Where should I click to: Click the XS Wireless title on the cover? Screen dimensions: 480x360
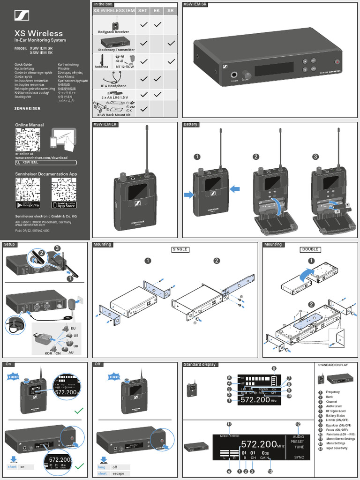(x=38, y=33)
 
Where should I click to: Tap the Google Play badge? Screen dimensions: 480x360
(x=28, y=205)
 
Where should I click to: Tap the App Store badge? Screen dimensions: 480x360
(x=64, y=205)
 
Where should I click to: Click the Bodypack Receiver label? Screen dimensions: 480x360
(x=113, y=32)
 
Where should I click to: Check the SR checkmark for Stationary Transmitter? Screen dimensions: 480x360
(x=171, y=43)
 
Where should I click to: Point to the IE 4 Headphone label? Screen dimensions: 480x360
(x=113, y=86)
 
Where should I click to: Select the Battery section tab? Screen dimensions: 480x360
(x=191, y=125)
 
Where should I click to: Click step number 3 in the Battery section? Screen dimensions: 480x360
(x=316, y=157)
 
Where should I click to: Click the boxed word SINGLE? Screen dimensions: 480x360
(x=180, y=249)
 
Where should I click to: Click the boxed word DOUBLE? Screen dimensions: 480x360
(x=310, y=249)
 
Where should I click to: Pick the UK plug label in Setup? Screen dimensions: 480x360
(x=76, y=346)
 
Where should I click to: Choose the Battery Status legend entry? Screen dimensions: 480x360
(x=335, y=416)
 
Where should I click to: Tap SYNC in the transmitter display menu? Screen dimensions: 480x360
(x=299, y=457)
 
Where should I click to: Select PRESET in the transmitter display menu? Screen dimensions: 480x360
(x=297, y=442)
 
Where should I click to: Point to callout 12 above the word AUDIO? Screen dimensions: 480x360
(x=298, y=424)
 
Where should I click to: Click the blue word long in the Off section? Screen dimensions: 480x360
(x=102, y=467)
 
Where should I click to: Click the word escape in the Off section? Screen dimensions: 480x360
(x=118, y=473)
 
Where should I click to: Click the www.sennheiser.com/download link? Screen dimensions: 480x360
(x=41, y=158)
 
